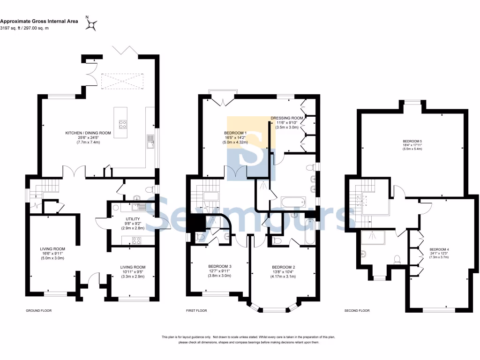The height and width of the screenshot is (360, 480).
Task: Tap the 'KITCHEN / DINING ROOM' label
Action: tap(88, 133)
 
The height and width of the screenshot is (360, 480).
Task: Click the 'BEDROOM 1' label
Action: tap(235, 133)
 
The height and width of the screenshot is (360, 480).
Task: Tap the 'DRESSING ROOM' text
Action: tap(287, 118)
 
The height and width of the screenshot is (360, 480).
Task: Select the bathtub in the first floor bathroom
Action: tap(292, 203)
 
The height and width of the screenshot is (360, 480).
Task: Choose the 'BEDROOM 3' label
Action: tap(220, 266)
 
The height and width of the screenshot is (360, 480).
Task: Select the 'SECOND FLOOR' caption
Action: tap(357, 310)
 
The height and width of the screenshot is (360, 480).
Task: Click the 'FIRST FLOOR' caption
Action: tap(197, 310)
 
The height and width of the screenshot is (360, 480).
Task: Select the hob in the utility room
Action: tap(136, 240)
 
